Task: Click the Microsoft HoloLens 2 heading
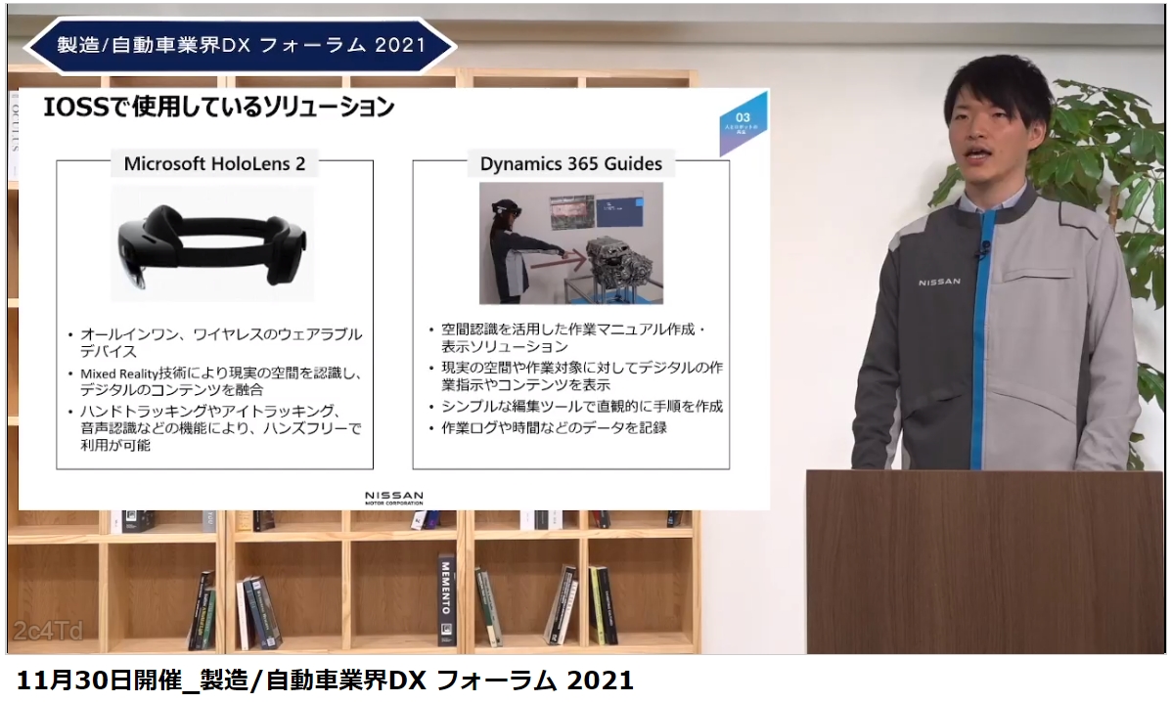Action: click(214, 163)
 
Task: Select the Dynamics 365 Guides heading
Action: click(570, 163)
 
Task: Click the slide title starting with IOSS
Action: click(219, 107)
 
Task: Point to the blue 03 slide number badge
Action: click(743, 122)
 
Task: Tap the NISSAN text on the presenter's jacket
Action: click(939, 283)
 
